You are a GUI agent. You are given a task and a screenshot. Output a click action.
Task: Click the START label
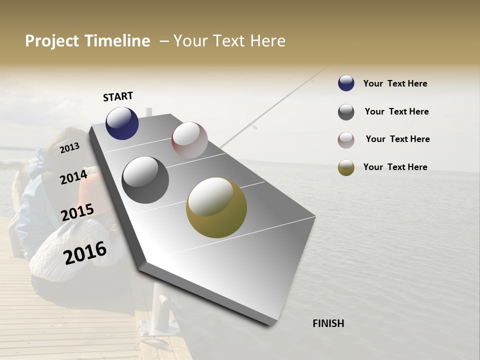[x=118, y=96]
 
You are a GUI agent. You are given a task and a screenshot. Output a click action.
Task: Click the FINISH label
[x=328, y=323]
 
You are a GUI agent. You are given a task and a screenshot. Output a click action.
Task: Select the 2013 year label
[x=69, y=147]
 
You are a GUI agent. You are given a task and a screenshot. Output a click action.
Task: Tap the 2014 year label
[x=73, y=177]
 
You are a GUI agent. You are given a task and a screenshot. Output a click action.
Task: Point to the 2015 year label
[x=77, y=212]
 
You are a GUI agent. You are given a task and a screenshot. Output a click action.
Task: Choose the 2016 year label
[x=85, y=252]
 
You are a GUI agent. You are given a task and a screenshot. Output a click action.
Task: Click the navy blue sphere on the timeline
[x=122, y=123]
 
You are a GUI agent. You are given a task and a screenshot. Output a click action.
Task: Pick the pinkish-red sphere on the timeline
[x=189, y=139]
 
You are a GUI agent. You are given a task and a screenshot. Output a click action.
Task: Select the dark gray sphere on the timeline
[x=145, y=180]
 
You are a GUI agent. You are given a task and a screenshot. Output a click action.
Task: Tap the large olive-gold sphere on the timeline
[x=216, y=207]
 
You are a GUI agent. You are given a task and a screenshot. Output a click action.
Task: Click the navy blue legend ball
[x=346, y=83]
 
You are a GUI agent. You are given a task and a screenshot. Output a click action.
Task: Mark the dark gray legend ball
[x=346, y=112]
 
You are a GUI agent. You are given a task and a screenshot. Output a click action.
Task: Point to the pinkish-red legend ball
[x=346, y=140]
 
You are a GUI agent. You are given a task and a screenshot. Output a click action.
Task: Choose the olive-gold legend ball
[x=346, y=167]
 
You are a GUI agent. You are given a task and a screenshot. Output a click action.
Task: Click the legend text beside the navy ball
[x=395, y=83]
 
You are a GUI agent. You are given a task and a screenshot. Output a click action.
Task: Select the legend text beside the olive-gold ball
[x=395, y=167]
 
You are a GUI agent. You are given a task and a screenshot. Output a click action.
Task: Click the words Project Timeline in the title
[x=87, y=41]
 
